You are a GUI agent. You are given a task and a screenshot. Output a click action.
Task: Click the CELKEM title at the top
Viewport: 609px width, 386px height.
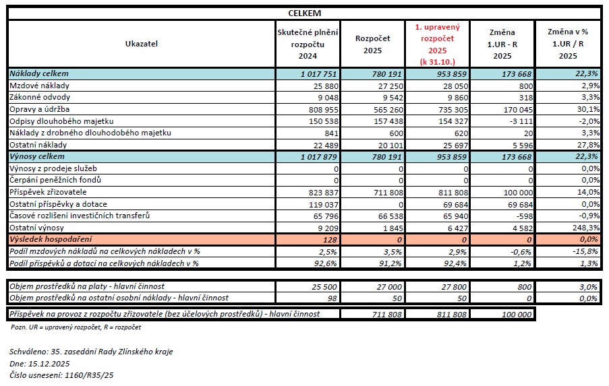[304, 13]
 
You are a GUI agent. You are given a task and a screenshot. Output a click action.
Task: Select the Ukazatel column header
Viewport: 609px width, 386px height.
[140, 44]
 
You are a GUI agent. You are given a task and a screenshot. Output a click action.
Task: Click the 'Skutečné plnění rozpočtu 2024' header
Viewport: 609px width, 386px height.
[308, 44]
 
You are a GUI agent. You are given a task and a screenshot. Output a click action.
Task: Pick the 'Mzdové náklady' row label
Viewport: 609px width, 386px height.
[39, 86]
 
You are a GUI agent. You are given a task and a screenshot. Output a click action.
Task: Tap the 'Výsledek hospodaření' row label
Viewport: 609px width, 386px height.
[51, 239]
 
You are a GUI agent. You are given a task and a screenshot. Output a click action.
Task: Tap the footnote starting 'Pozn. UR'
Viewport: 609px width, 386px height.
[76, 327]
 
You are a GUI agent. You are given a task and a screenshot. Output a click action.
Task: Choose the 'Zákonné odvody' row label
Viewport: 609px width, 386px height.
[39, 97]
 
